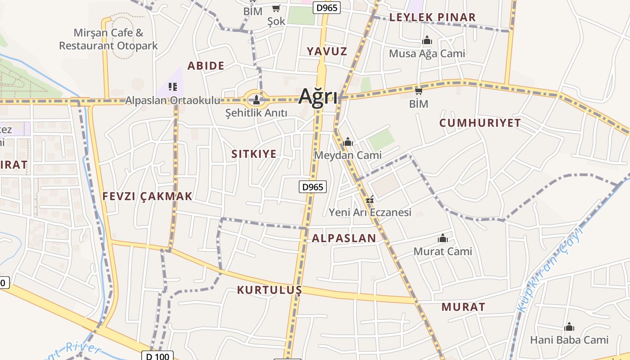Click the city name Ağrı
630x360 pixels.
(x=318, y=97)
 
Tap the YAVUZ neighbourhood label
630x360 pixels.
(x=327, y=51)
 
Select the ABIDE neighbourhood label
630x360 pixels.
(x=206, y=66)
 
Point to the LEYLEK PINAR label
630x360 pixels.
(x=432, y=18)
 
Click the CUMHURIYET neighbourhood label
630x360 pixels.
(x=480, y=123)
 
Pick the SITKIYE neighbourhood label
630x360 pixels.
(x=254, y=154)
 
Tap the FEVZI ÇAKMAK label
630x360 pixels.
(x=147, y=196)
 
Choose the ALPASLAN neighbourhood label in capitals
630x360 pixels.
(x=344, y=238)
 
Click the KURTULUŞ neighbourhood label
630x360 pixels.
(x=269, y=290)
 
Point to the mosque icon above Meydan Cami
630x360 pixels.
(x=347, y=143)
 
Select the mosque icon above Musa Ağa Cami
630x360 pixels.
(x=427, y=41)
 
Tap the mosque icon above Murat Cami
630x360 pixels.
(x=443, y=238)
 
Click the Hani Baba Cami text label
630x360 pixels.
(x=569, y=340)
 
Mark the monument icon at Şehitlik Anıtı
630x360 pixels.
(x=256, y=99)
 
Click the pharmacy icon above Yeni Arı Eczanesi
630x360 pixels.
(x=370, y=199)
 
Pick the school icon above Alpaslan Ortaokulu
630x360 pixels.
(x=173, y=86)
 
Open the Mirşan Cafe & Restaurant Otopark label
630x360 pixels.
(x=108, y=39)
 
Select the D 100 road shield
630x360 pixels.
(x=157, y=356)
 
